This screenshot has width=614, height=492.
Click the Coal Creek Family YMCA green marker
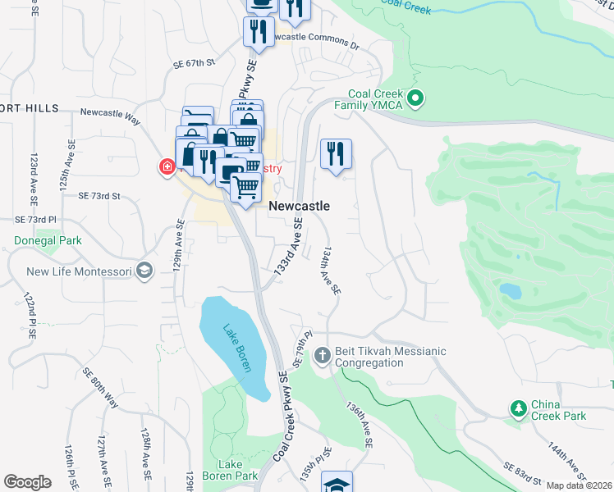tap(415, 100)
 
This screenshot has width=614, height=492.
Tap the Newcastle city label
tap(300, 206)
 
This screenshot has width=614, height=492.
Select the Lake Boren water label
tap(236, 348)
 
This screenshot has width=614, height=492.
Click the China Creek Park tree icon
tap(518, 408)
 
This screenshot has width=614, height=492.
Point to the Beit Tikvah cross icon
tap(322, 357)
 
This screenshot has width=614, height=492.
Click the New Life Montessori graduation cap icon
tap(144, 272)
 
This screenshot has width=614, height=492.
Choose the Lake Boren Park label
tap(234, 469)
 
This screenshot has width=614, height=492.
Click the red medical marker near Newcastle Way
tap(167, 167)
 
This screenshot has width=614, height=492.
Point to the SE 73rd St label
tap(99, 196)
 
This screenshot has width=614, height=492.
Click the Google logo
tap(28, 482)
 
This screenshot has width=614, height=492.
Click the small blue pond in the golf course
tap(509, 291)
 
